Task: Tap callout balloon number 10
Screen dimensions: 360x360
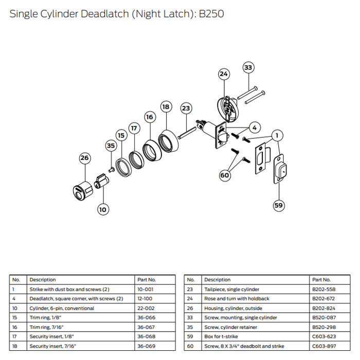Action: pyautogui.click(x=103, y=209)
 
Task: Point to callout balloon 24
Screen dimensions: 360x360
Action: pyautogui.click(x=223, y=74)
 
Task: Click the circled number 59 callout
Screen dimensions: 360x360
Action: pyautogui.click(x=278, y=205)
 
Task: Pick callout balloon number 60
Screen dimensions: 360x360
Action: pyautogui.click(x=224, y=175)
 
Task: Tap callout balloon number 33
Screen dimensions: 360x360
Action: pyautogui.click(x=248, y=67)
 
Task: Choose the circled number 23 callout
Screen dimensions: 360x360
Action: pyautogui.click(x=186, y=109)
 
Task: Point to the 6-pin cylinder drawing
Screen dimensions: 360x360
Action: pyautogui.click(x=101, y=184)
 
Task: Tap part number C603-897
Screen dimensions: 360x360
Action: pyautogui.click(x=322, y=346)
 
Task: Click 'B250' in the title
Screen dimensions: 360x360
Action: pyautogui.click(x=211, y=14)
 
